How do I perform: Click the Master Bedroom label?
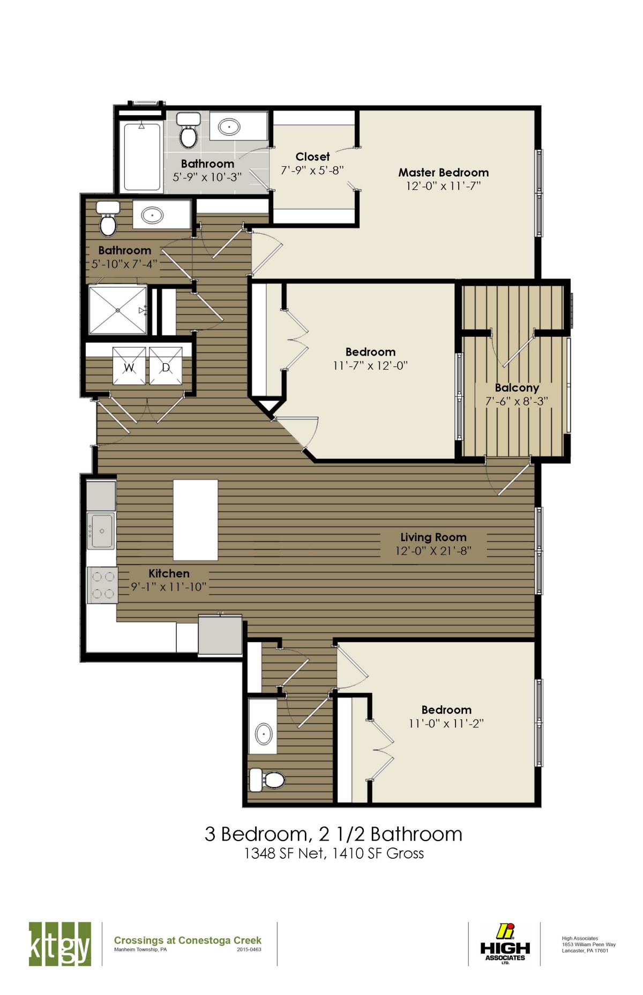pyautogui.click(x=443, y=173)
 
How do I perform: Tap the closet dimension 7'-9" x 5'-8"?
pyautogui.click(x=312, y=170)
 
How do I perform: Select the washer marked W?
pyautogui.click(x=129, y=366)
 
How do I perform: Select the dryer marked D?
pyautogui.click(x=166, y=366)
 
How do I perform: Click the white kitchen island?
pyautogui.click(x=196, y=520)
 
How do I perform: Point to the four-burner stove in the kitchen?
pyautogui.click(x=102, y=585)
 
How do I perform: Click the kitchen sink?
pyautogui.click(x=101, y=531)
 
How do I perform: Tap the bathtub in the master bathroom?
pyautogui.click(x=142, y=156)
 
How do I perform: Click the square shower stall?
pyautogui.click(x=118, y=310)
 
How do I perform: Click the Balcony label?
pyautogui.click(x=517, y=388)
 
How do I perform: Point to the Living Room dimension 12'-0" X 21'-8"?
pyautogui.click(x=433, y=551)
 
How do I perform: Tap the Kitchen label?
pyautogui.click(x=169, y=573)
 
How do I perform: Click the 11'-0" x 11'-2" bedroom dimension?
pyautogui.click(x=446, y=724)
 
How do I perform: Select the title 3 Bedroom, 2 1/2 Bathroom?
pyautogui.click(x=333, y=834)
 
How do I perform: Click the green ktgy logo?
pyautogui.click(x=59, y=945)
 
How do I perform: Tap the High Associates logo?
pyautogui.click(x=505, y=945)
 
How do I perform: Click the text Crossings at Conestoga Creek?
pyautogui.click(x=188, y=940)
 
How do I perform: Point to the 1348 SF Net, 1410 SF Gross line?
pyautogui.click(x=334, y=853)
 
